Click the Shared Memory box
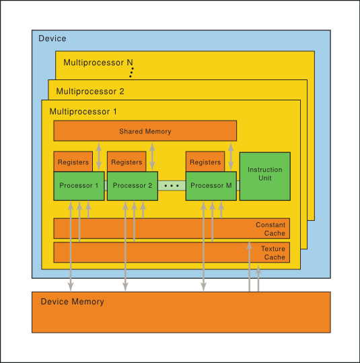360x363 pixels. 145,131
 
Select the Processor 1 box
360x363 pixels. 79,186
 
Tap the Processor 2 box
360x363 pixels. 133,186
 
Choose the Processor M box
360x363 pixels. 211,186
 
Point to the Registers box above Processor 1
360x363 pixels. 73,162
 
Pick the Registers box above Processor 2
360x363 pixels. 126,162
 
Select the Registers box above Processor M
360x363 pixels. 205,162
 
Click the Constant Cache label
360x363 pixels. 271,229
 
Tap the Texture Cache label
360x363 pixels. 273,253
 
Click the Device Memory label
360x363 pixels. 73,302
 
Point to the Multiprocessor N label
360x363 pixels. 98,63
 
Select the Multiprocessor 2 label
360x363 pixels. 90,91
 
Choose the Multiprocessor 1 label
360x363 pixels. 83,111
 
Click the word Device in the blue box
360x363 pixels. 52,38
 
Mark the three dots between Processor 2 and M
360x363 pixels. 172,185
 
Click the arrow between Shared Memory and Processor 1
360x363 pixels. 99,156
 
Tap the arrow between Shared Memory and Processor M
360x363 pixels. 231,156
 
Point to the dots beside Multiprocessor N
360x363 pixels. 133,72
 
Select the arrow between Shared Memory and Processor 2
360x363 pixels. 151,156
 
